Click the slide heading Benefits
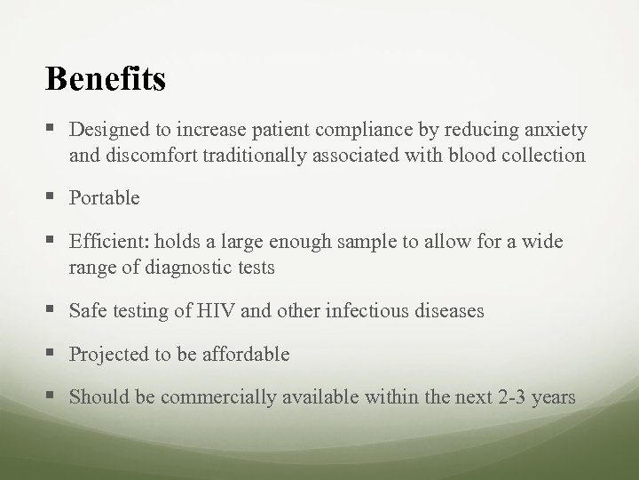click(106, 79)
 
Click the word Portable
click(104, 198)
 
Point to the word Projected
click(107, 354)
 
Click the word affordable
click(247, 354)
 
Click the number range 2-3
click(509, 397)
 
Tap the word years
click(555, 397)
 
